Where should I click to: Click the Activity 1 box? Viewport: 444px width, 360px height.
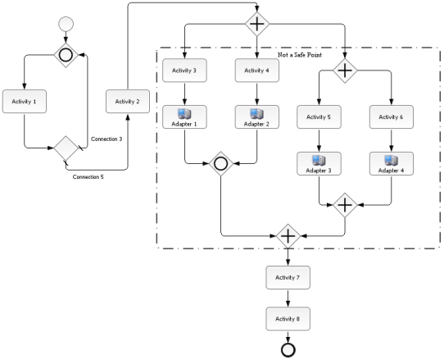pyautogui.click(x=25, y=102)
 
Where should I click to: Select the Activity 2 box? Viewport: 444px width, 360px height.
pyautogui.click(x=128, y=102)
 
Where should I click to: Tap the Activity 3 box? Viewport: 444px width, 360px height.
pyautogui.click(x=184, y=71)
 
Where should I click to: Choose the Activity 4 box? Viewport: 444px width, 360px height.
pyautogui.click(x=257, y=71)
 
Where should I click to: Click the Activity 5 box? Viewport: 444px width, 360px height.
pyautogui.click(x=319, y=117)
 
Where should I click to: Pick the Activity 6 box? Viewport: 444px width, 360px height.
pyautogui.click(x=392, y=117)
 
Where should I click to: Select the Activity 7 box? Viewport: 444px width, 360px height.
pyautogui.click(x=288, y=277)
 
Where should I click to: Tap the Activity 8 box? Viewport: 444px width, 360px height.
pyautogui.click(x=288, y=319)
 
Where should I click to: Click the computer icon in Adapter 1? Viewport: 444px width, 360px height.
pyautogui.click(x=184, y=114)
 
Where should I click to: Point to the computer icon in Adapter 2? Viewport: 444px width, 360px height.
pyautogui.click(x=257, y=114)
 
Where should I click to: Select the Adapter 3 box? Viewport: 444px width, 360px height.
pyautogui.click(x=319, y=163)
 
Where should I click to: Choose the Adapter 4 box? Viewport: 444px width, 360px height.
pyautogui.click(x=392, y=163)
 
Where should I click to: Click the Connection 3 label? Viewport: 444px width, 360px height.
pyautogui.click(x=106, y=139)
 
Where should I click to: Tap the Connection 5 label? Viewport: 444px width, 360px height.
pyautogui.click(x=88, y=177)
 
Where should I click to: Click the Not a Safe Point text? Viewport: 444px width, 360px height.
pyautogui.click(x=300, y=55)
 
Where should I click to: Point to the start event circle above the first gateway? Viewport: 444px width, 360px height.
pyautogui.click(x=66, y=24)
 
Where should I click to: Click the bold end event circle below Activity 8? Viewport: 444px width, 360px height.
pyautogui.click(x=288, y=350)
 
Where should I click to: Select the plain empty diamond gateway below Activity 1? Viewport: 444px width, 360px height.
pyautogui.click(x=66, y=148)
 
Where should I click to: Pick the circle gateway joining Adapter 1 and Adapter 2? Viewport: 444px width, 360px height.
pyautogui.click(x=221, y=164)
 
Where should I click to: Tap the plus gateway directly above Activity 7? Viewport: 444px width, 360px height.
pyautogui.click(x=288, y=236)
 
